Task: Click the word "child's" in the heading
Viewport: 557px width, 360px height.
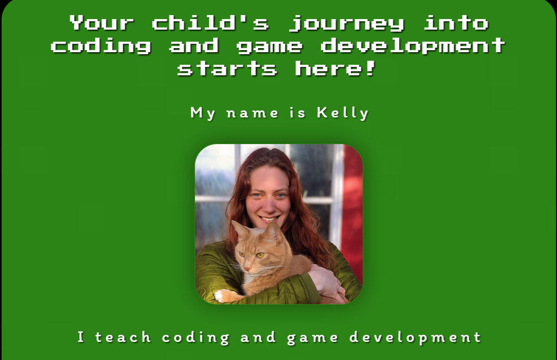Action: pyautogui.click(x=210, y=23)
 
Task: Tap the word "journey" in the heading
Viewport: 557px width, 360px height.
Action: pyautogui.click(x=347, y=23)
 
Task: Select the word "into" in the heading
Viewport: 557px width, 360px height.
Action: pyautogui.click(x=456, y=23)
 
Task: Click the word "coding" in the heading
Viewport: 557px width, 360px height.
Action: pyautogui.click(x=101, y=46)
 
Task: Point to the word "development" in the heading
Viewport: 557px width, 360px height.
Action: pyautogui.click(x=412, y=46)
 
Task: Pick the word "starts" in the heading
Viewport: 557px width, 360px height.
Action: pyautogui.click(x=227, y=68)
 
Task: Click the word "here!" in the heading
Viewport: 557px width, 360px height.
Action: pyautogui.click(x=335, y=68)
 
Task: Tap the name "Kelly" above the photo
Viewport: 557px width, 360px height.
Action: pyautogui.click(x=343, y=113)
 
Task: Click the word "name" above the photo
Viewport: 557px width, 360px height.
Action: pyautogui.click(x=252, y=113)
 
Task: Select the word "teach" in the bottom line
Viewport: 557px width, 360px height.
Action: pyautogui.click(x=123, y=337)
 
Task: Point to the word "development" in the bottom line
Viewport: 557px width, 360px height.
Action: pyautogui.click(x=415, y=337)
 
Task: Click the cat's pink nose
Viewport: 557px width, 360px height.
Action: pyautogui.click(x=247, y=269)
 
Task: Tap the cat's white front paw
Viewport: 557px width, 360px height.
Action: pyautogui.click(x=221, y=296)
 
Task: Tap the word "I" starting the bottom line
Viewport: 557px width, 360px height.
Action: pyautogui.click(x=81, y=337)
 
